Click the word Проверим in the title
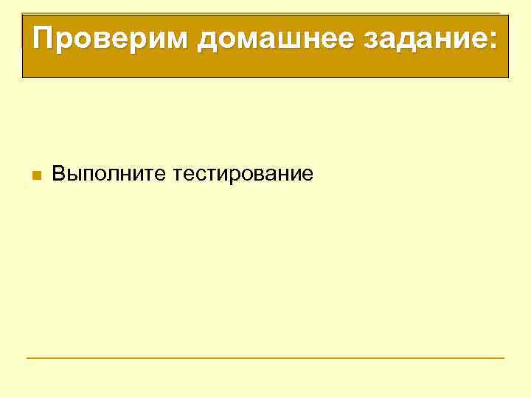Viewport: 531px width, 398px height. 110,38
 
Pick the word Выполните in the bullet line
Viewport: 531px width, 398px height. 110,175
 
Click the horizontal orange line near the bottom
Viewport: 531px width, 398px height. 265,358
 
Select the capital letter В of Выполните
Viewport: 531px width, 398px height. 58,174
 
